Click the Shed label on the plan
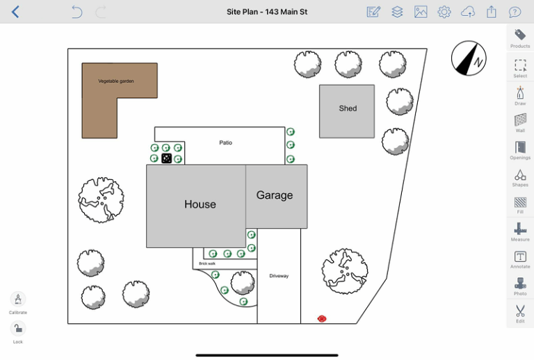click(348, 108)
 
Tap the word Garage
click(275, 195)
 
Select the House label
click(200, 204)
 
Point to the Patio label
click(225, 143)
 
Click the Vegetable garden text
click(116, 81)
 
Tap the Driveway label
click(279, 276)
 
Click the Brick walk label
click(207, 263)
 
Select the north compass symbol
click(469, 58)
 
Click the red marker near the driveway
click(321, 318)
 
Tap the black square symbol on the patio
click(167, 158)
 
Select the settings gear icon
click(444, 12)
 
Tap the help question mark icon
click(515, 12)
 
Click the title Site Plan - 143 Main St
click(267, 12)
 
